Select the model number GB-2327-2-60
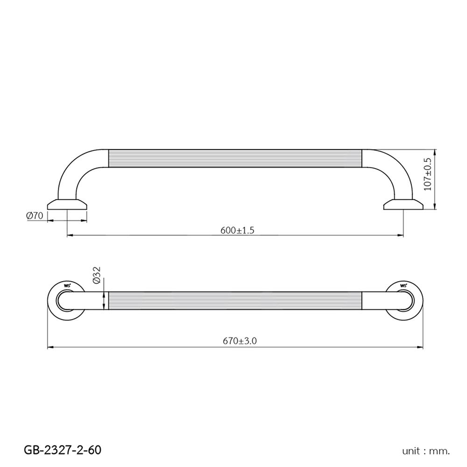pos(62,450)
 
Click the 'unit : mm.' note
pos(426,451)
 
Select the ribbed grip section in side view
pos(235,158)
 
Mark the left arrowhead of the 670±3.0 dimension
pos(50,347)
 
